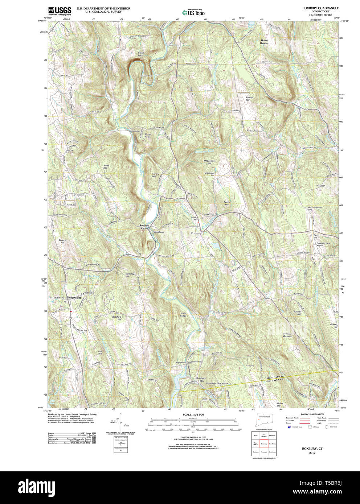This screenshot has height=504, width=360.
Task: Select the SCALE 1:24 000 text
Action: (x=193, y=414)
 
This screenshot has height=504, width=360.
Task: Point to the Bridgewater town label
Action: (x=74, y=298)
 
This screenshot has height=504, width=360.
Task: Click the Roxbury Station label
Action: (x=144, y=227)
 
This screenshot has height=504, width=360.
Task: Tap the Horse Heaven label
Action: (x=264, y=42)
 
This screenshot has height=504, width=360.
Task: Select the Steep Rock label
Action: (x=140, y=54)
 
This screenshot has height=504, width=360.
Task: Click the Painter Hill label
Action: (x=250, y=99)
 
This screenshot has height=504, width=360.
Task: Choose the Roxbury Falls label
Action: (x=201, y=379)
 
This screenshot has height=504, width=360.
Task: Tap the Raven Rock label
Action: (x=147, y=136)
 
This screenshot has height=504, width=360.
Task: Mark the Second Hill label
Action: (x=62, y=241)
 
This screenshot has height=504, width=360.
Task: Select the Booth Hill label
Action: (x=227, y=203)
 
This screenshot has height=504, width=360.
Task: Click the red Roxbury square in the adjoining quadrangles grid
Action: (x=264, y=443)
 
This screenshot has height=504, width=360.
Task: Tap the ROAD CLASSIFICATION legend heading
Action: (x=312, y=414)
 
